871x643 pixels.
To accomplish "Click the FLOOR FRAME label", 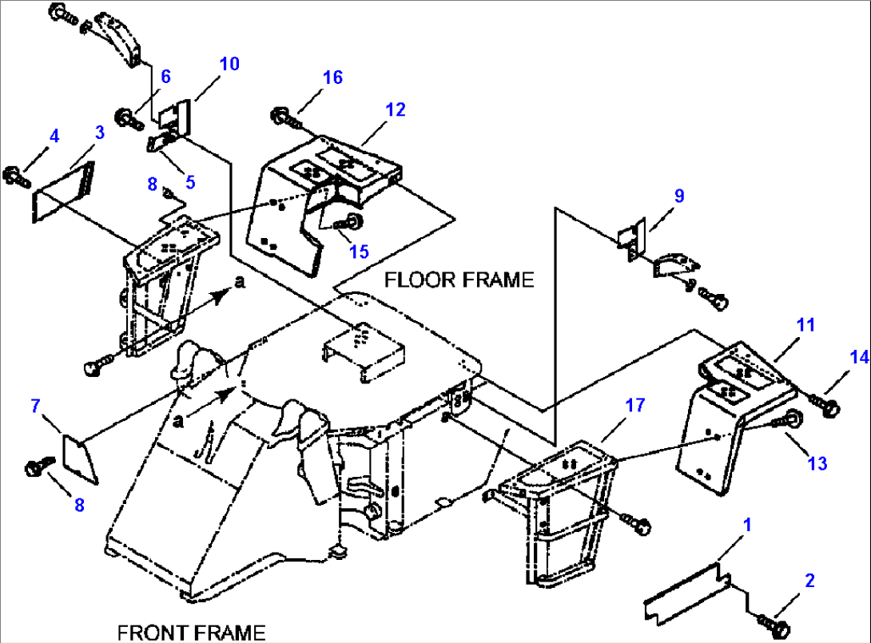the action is click(459, 280).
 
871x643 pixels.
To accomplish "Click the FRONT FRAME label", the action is click(191, 633).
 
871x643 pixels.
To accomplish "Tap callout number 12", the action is click(395, 109).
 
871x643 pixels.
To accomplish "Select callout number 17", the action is click(635, 405).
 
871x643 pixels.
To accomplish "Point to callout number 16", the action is click(332, 77).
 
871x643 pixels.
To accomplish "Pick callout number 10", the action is click(229, 64).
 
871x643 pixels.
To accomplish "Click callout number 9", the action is click(679, 196).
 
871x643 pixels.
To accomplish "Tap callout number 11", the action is click(805, 324).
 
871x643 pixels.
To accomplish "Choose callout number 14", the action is click(859, 357).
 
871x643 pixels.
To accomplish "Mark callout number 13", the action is click(817, 463).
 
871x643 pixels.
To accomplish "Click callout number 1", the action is click(747, 524).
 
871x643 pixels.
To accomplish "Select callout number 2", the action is click(809, 580).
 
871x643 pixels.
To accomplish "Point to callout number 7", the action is click(35, 406).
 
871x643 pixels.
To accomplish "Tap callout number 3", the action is click(99, 133).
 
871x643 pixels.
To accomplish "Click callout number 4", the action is click(54, 136).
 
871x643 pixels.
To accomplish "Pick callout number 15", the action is click(359, 252).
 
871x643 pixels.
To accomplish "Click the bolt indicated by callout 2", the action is click(774, 624).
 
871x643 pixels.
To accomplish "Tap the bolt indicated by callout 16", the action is click(285, 118).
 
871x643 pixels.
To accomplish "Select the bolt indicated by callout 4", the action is click(16, 177).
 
